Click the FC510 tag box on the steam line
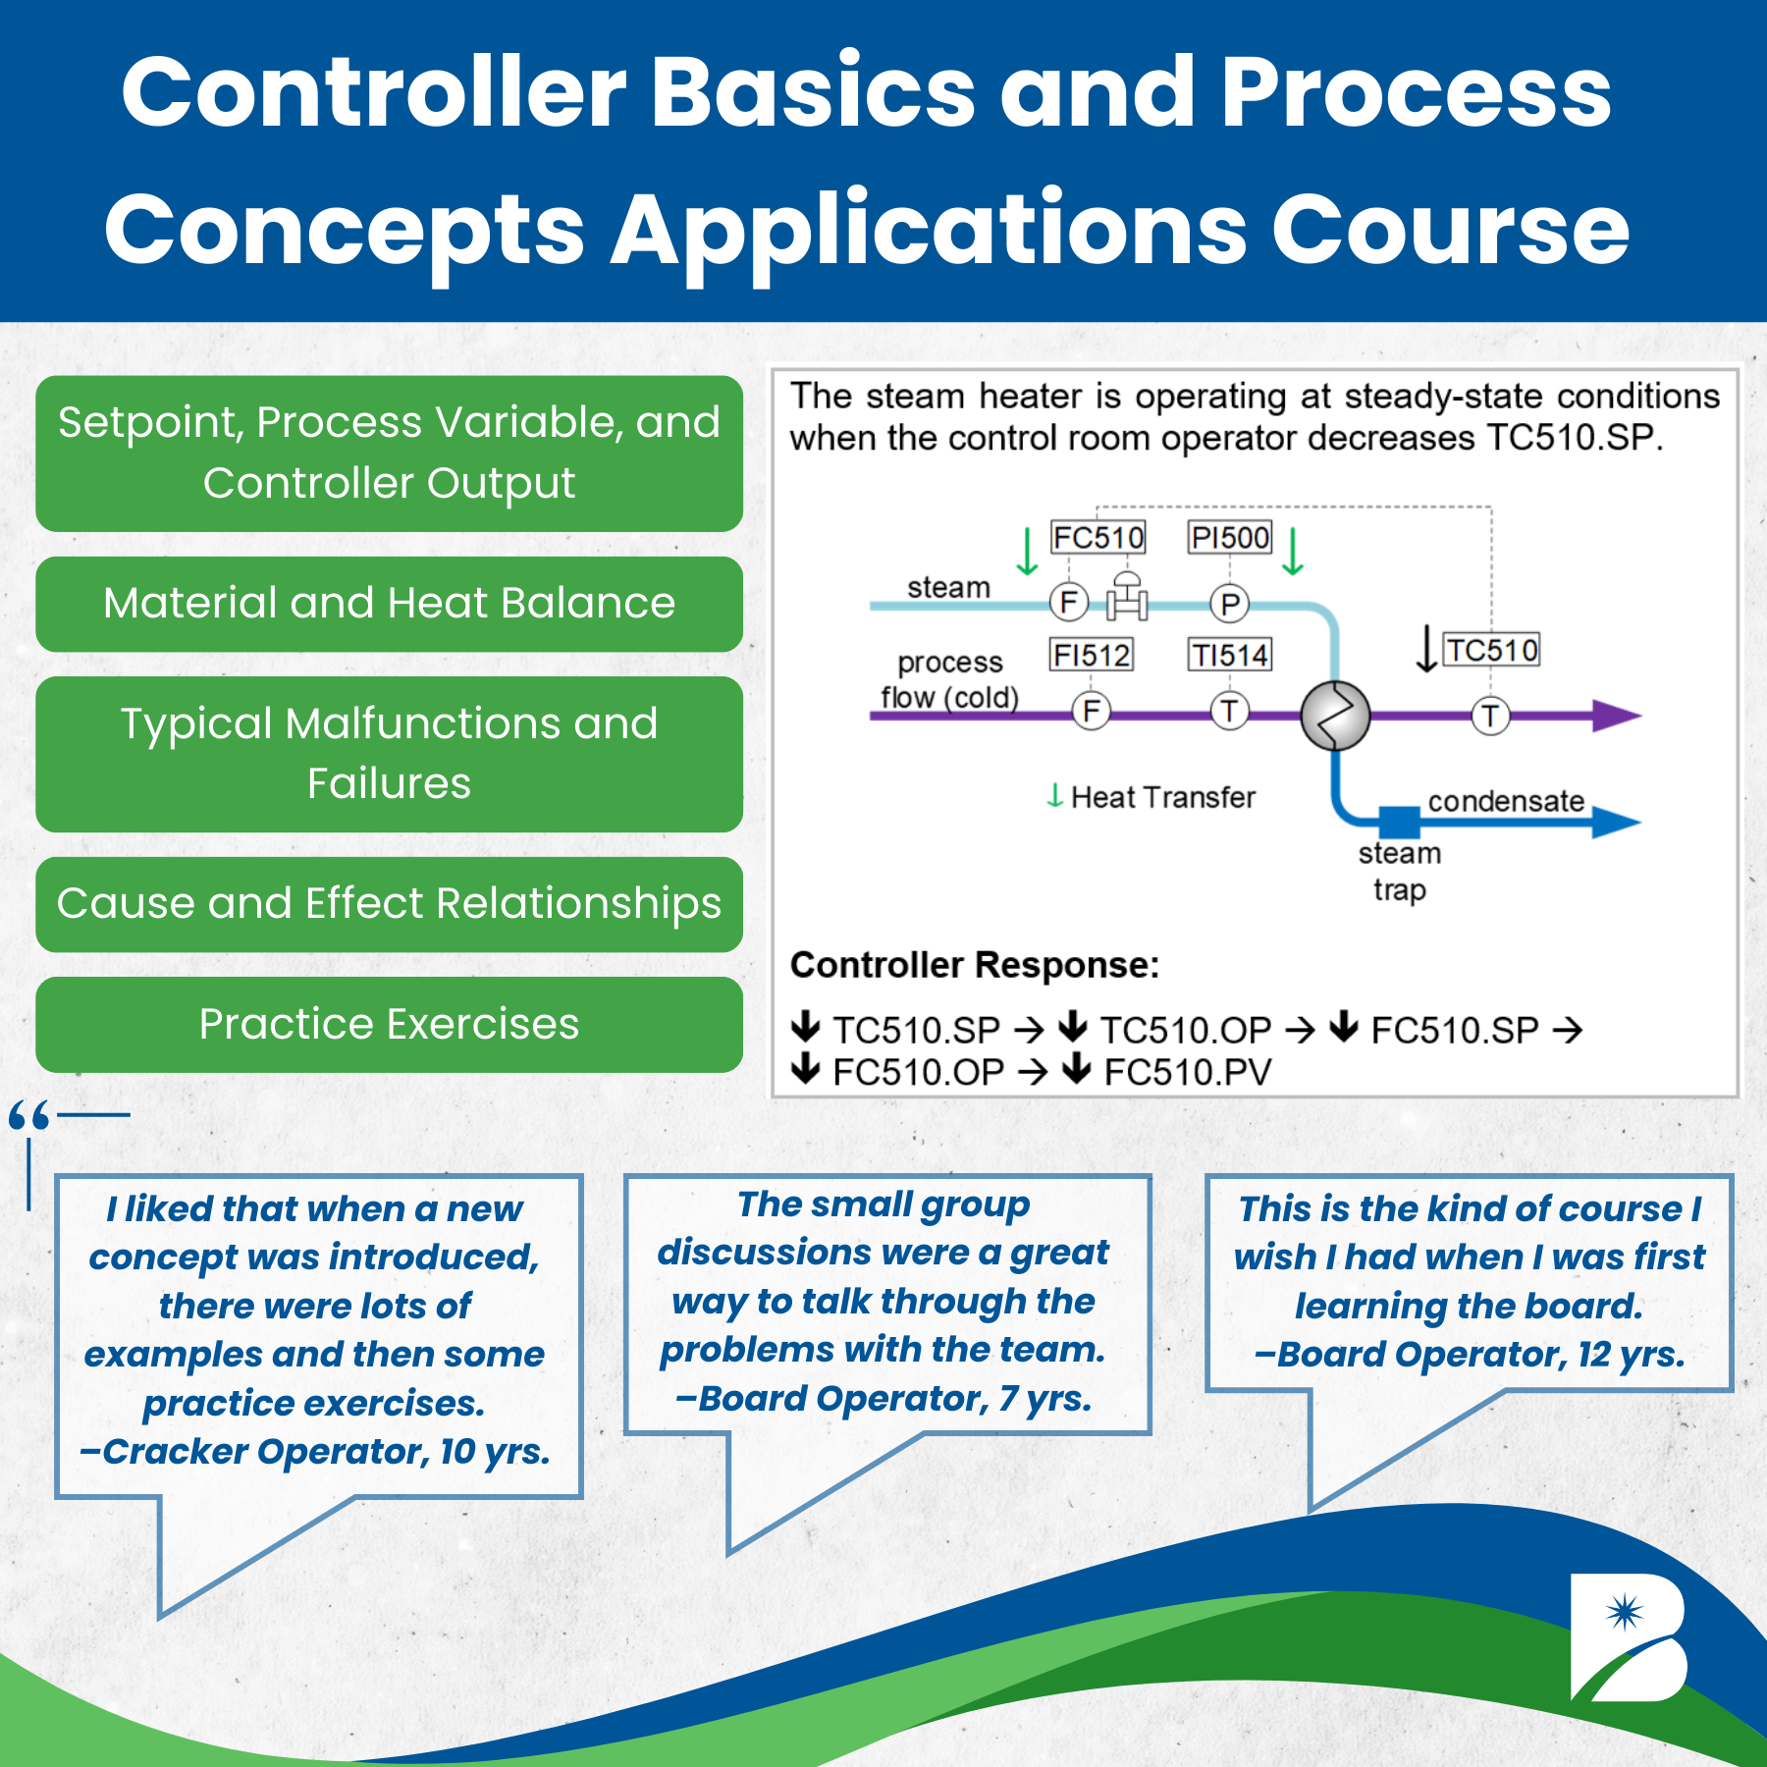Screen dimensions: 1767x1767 (x=1098, y=538)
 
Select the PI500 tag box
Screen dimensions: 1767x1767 (x=1230, y=538)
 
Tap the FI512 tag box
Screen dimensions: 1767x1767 (x=1092, y=655)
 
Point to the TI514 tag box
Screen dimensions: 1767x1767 (x=1230, y=655)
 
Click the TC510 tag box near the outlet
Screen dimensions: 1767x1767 (x=1492, y=650)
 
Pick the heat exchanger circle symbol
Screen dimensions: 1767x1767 (x=1335, y=716)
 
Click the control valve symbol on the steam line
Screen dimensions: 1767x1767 (x=1127, y=598)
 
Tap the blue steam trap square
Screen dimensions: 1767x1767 (x=1399, y=822)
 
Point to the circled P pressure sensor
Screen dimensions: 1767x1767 (x=1229, y=604)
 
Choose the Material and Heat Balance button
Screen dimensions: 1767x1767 (x=389, y=604)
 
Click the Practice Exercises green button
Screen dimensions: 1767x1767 (x=389, y=1024)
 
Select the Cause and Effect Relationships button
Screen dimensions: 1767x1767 (x=389, y=904)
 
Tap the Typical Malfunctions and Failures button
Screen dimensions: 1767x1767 (x=389, y=754)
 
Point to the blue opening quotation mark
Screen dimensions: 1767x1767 (x=29, y=1116)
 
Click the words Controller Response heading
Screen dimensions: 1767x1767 (x=974, y=966)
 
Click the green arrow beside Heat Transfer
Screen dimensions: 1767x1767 (x=1055, y=795)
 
